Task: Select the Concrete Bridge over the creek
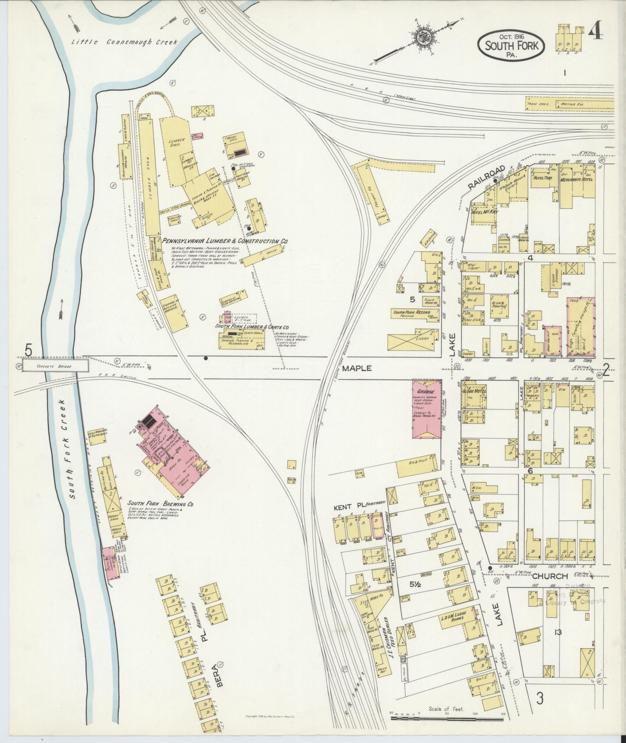point(55,365)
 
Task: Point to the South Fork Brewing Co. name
point(161,505)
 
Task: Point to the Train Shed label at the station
point(538,104)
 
